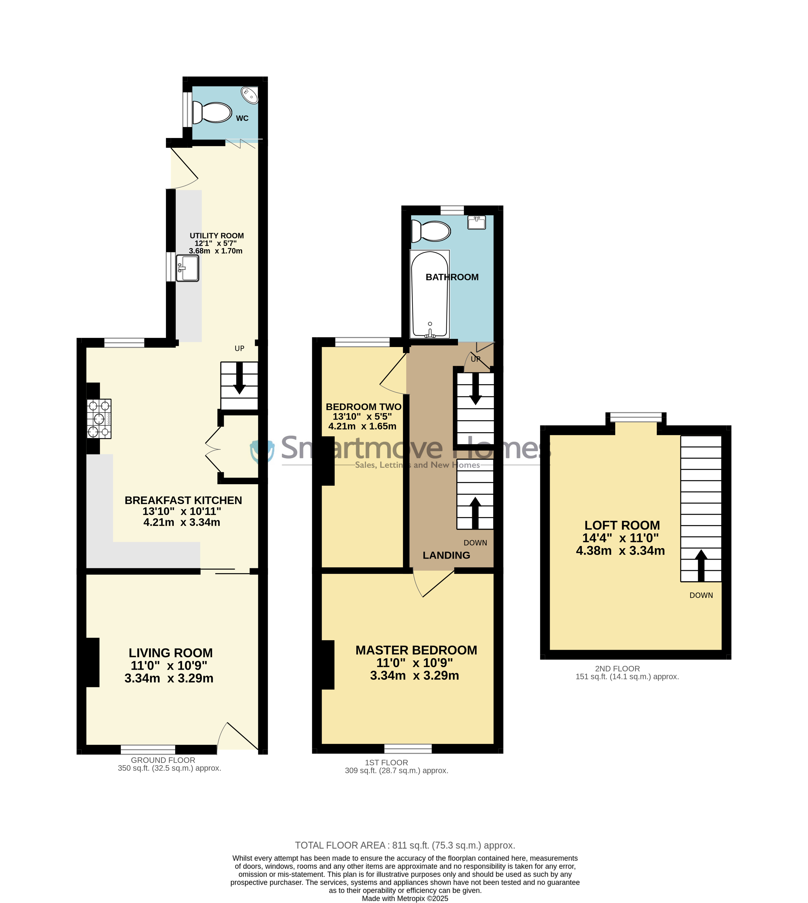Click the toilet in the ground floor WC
212,112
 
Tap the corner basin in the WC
250,95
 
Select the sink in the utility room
187,268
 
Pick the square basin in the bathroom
476,222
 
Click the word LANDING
446,556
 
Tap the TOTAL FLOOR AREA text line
405,845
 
